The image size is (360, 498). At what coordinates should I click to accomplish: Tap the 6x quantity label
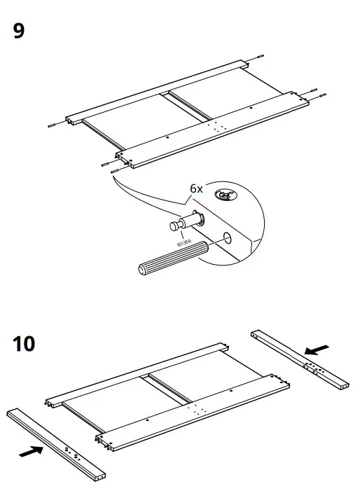pyautogui.click(x=196, y=189)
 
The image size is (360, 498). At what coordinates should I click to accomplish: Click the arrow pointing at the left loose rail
pyautogui.click(x=31, y=452)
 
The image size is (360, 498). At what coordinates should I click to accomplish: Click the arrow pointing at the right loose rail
pyautogui.click(x=319, y=348)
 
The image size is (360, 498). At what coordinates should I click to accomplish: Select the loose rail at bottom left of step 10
pyautogui.click(x=56, y=445)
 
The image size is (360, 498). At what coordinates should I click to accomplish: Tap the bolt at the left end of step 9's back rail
pyautogui.click(x=53, y=125)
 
